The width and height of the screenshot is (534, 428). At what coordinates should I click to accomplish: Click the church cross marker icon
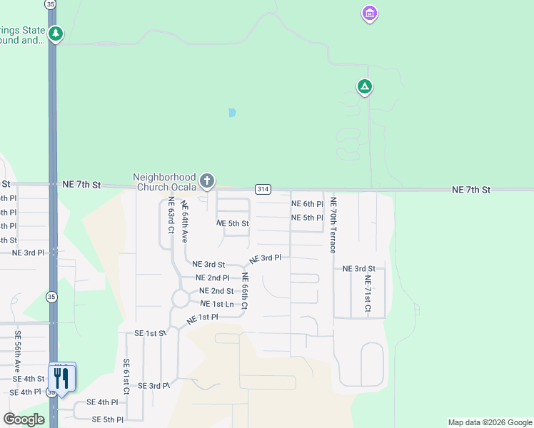coord(207,180)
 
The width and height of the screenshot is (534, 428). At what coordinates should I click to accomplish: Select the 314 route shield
coord(263,189)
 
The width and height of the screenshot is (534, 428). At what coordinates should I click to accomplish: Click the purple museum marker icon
coord(370,14)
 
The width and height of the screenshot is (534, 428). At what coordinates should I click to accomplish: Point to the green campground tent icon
coord(364,87)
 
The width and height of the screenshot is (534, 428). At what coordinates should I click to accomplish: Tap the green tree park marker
coord(56,34)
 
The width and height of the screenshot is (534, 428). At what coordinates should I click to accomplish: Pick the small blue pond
coord(231,113)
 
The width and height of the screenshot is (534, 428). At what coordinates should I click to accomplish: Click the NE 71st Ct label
coord(368,294)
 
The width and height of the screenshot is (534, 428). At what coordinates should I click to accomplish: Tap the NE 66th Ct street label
coord(244,291)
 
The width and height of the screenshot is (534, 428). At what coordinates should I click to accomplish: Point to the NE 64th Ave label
coord(184,221)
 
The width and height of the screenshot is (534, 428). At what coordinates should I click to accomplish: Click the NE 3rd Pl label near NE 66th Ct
coord(265,258)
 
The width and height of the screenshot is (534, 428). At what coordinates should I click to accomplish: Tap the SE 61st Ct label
coord(126,377)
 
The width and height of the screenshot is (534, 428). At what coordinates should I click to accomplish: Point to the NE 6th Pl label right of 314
coord(308,204)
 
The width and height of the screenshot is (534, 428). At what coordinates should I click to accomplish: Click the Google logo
coord(24,419)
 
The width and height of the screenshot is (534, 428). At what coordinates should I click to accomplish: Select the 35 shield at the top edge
coord(50,4)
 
